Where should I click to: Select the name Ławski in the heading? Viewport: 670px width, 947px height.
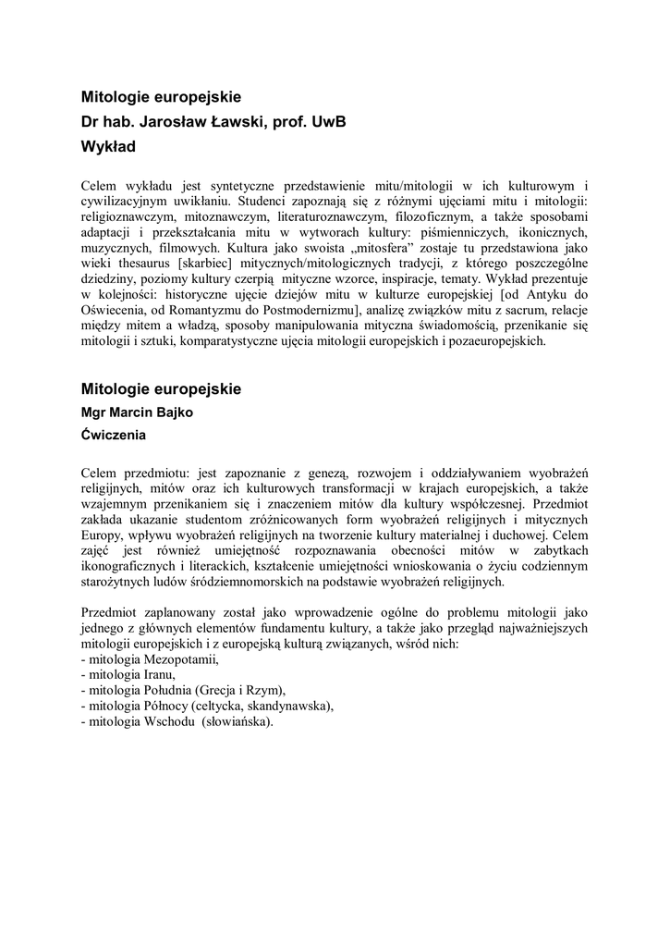[242, 120]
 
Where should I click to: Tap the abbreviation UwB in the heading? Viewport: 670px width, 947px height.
[324, 120]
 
